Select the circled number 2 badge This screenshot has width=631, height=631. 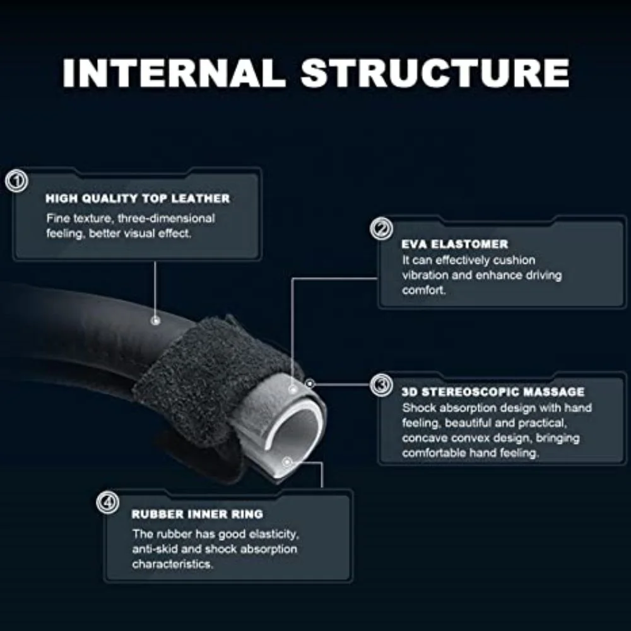click(x=380, y=229)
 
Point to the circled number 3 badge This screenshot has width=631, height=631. click(x=380, y=384)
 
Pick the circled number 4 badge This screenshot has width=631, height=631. click(x=108, y=503)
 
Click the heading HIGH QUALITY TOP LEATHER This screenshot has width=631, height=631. click(x=138, y=199)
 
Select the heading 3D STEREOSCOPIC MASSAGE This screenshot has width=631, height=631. click(x=493, y=392)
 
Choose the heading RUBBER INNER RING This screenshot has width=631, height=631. click(x=197, y=514)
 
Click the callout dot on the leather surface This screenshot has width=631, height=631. click(x=155, y=321)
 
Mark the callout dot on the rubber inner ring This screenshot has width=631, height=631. click(x=287, y=462)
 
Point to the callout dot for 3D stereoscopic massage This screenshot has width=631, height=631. click(x=309, y=383)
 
